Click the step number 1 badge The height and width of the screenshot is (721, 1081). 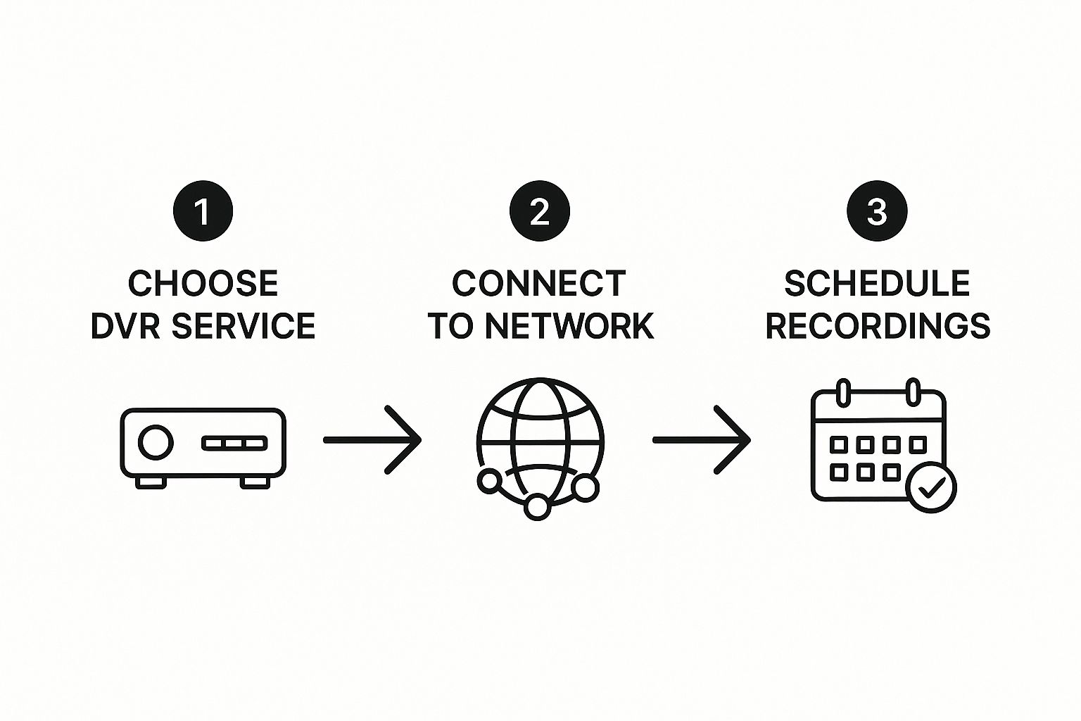point(203,211)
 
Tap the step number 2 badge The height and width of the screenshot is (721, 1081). point(540,211)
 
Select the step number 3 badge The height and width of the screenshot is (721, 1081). point(877,211)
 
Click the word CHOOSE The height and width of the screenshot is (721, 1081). point(203,283)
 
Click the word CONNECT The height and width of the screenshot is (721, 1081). point(539,283)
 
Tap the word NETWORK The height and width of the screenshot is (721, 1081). point(569,326)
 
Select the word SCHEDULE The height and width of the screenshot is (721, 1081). point(877,283)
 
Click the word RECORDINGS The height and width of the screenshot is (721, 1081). point(878,326)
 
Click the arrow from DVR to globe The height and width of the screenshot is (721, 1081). point(372,440)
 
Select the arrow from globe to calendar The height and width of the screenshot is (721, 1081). point(702,440)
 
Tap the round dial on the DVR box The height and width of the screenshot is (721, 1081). point(155,442)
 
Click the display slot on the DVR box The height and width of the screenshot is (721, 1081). point(234,443)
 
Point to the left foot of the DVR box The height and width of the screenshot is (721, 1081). point(151,482)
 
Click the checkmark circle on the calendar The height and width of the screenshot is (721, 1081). point(931,487)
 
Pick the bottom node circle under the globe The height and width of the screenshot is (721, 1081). point(537,506)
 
